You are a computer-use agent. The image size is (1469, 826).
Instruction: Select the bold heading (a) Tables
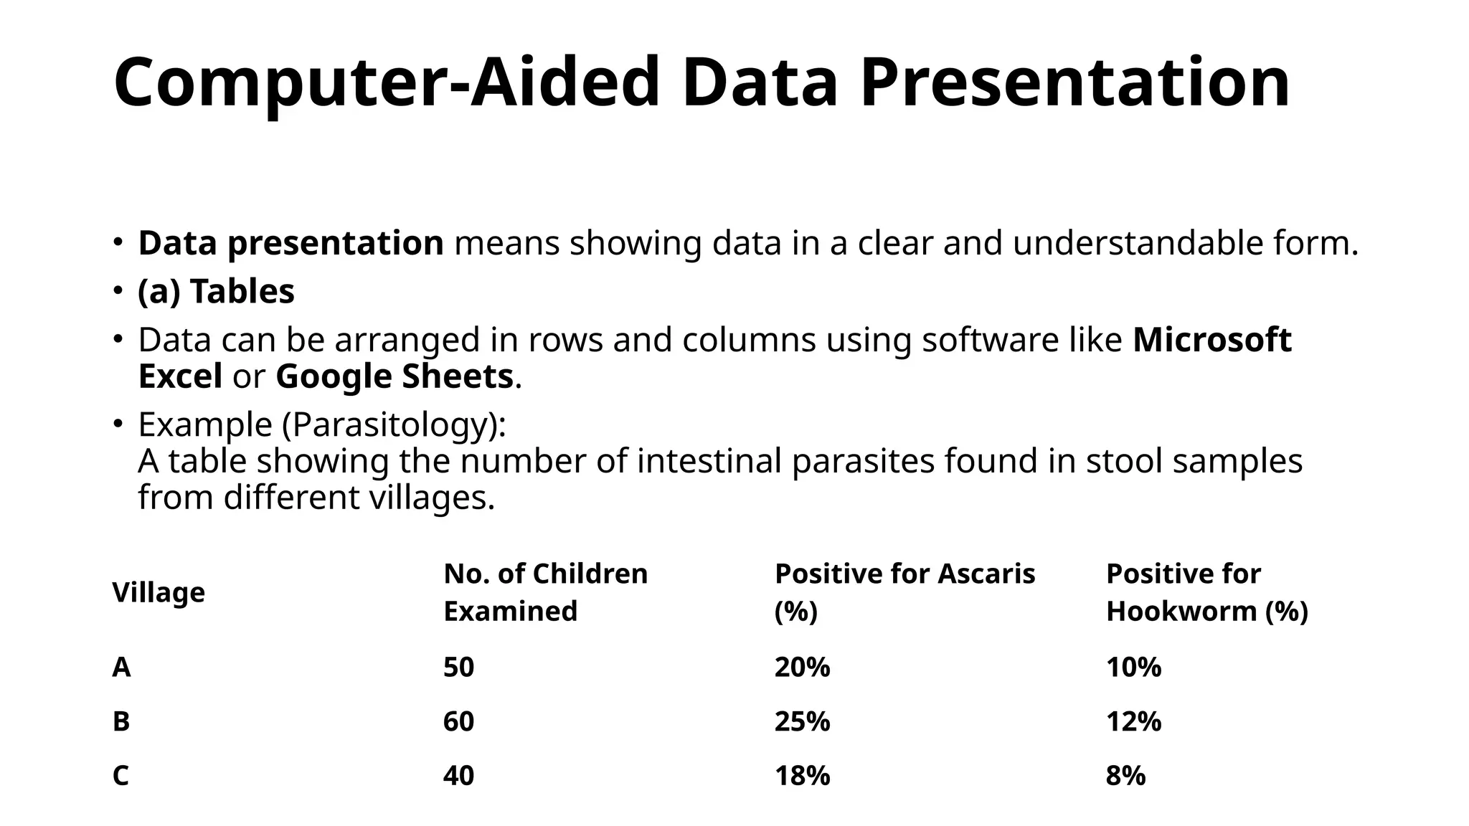click(216, 292)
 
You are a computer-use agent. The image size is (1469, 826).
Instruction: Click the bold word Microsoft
click(1211, 340)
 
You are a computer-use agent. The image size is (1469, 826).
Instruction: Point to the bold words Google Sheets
click(394, 377)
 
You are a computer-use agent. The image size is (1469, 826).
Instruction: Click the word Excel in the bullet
click(180, 377)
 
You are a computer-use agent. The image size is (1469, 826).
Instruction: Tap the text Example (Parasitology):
click(322, 424)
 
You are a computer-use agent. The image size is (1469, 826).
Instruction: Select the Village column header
click(159, 593)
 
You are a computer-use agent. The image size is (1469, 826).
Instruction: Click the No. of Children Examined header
click(545, 592)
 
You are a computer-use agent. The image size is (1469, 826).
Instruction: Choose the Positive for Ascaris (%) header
click(904, 592)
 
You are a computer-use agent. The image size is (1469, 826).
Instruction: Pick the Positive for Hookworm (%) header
click(1206, 592)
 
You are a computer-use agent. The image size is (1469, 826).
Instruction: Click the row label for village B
click(121, 721)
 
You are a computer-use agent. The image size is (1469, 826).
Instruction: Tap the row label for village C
click(121, 776)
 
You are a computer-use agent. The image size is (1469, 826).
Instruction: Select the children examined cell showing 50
click(458, 668)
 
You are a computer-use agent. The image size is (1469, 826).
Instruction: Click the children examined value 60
click(458, 721)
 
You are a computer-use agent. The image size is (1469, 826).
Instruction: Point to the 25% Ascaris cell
click(802, 721)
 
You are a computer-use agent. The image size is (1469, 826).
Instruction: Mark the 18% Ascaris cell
click(802, 776)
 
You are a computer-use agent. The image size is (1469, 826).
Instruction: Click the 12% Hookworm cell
click(1133, 721)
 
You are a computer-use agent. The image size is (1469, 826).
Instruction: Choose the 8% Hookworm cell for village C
click(1125, 776)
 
